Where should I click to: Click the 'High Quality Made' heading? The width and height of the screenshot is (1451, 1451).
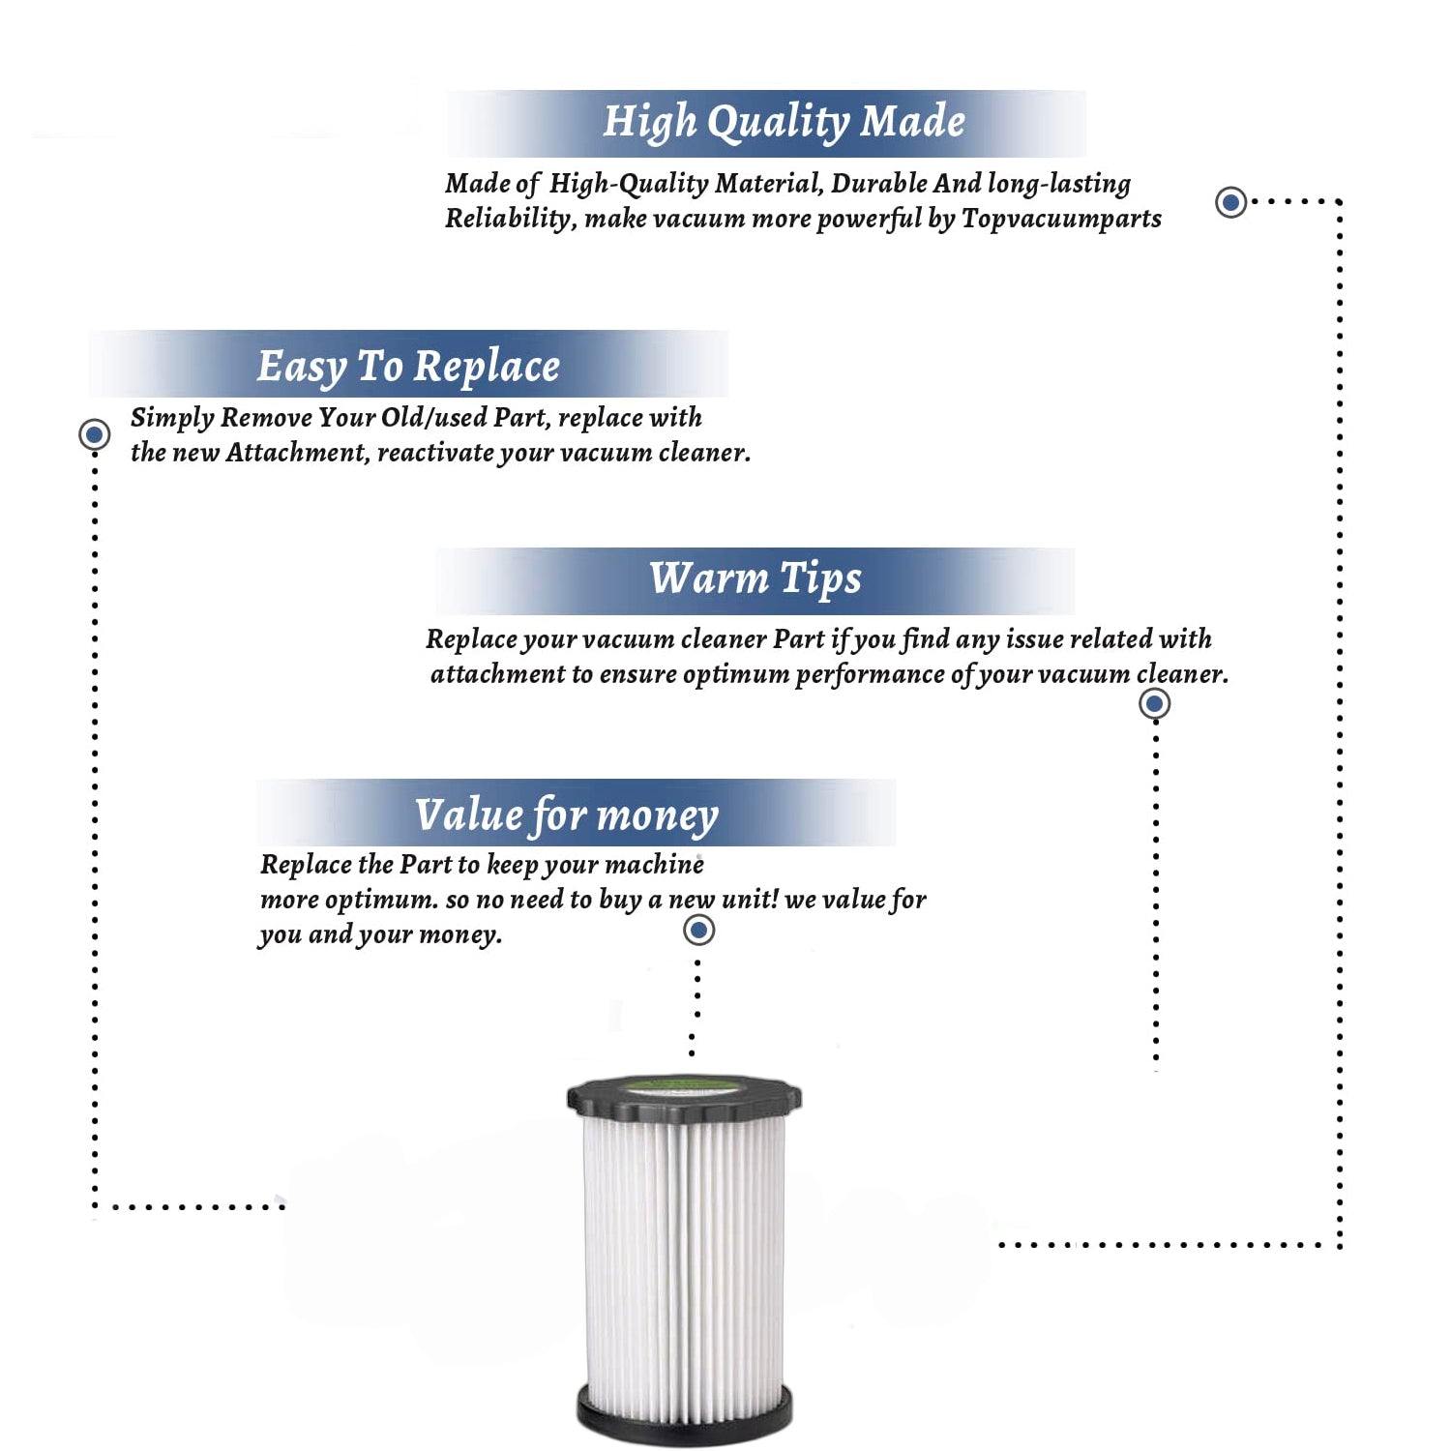784,123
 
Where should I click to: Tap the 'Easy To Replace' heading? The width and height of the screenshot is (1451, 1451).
408,367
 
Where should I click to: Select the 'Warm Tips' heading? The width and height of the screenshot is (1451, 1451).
755,578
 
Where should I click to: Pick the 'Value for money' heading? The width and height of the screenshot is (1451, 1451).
567,814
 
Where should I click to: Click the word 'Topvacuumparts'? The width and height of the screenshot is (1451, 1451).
1061,219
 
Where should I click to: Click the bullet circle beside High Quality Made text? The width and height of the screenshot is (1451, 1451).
1230,202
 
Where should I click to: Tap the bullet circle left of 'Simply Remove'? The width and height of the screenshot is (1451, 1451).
95,434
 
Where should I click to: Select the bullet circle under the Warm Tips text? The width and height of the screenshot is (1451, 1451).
1154,703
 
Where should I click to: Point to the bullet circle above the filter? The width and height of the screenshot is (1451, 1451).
698,931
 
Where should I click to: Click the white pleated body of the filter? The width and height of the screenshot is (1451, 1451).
684,1258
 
